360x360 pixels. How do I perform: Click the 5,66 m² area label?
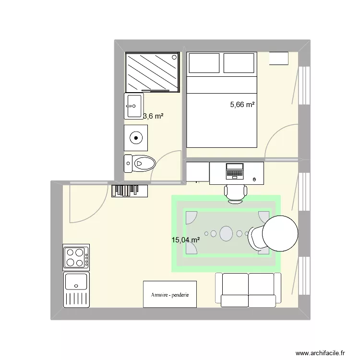[242, 104]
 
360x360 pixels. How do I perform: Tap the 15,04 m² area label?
[186, 240]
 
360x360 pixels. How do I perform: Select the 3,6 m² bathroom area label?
[154, 116]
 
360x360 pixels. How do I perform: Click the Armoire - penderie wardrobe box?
[170, 294]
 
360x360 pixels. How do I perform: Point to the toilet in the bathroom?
[139, 164]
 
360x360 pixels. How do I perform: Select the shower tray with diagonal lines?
[152, 72]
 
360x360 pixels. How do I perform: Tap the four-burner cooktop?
[76, 257]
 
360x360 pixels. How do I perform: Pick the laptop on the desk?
[235, 171]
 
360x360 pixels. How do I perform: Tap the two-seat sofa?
[248, 289]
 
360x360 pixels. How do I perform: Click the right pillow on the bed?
[239, 63]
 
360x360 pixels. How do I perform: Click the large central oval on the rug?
[226, 234]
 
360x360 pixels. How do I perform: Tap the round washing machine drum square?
[136, 138]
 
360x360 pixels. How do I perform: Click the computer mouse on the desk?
[254, 180]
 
